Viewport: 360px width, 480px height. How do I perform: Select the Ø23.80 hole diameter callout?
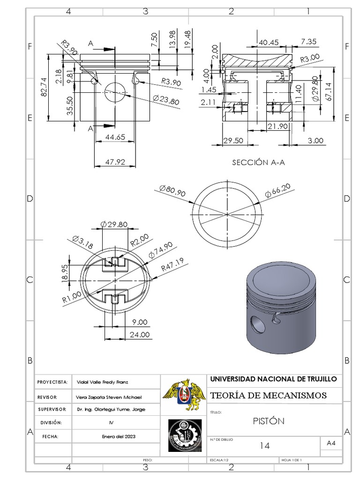[x=166, y=100]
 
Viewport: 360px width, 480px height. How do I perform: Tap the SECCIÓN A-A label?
[x=258, y=163]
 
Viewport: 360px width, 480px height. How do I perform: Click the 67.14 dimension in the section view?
[x=329, y=91]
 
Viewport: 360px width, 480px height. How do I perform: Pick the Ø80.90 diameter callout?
[x=172, y=191]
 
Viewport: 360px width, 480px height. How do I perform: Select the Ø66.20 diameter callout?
[x=277, y=190]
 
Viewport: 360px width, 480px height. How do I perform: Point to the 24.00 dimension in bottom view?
[x=140, y=335]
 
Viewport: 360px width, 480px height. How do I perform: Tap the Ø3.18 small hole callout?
[x=83, y=242]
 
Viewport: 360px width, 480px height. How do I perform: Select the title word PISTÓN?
[x=268, y=420]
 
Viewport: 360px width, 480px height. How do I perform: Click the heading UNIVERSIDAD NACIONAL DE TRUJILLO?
[x=273, y=379]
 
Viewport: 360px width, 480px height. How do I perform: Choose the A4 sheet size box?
[x=331, y=443]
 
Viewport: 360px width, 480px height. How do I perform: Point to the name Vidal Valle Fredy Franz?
[x=105, y=382]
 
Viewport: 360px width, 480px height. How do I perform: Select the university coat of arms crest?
[x=184, y=395]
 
